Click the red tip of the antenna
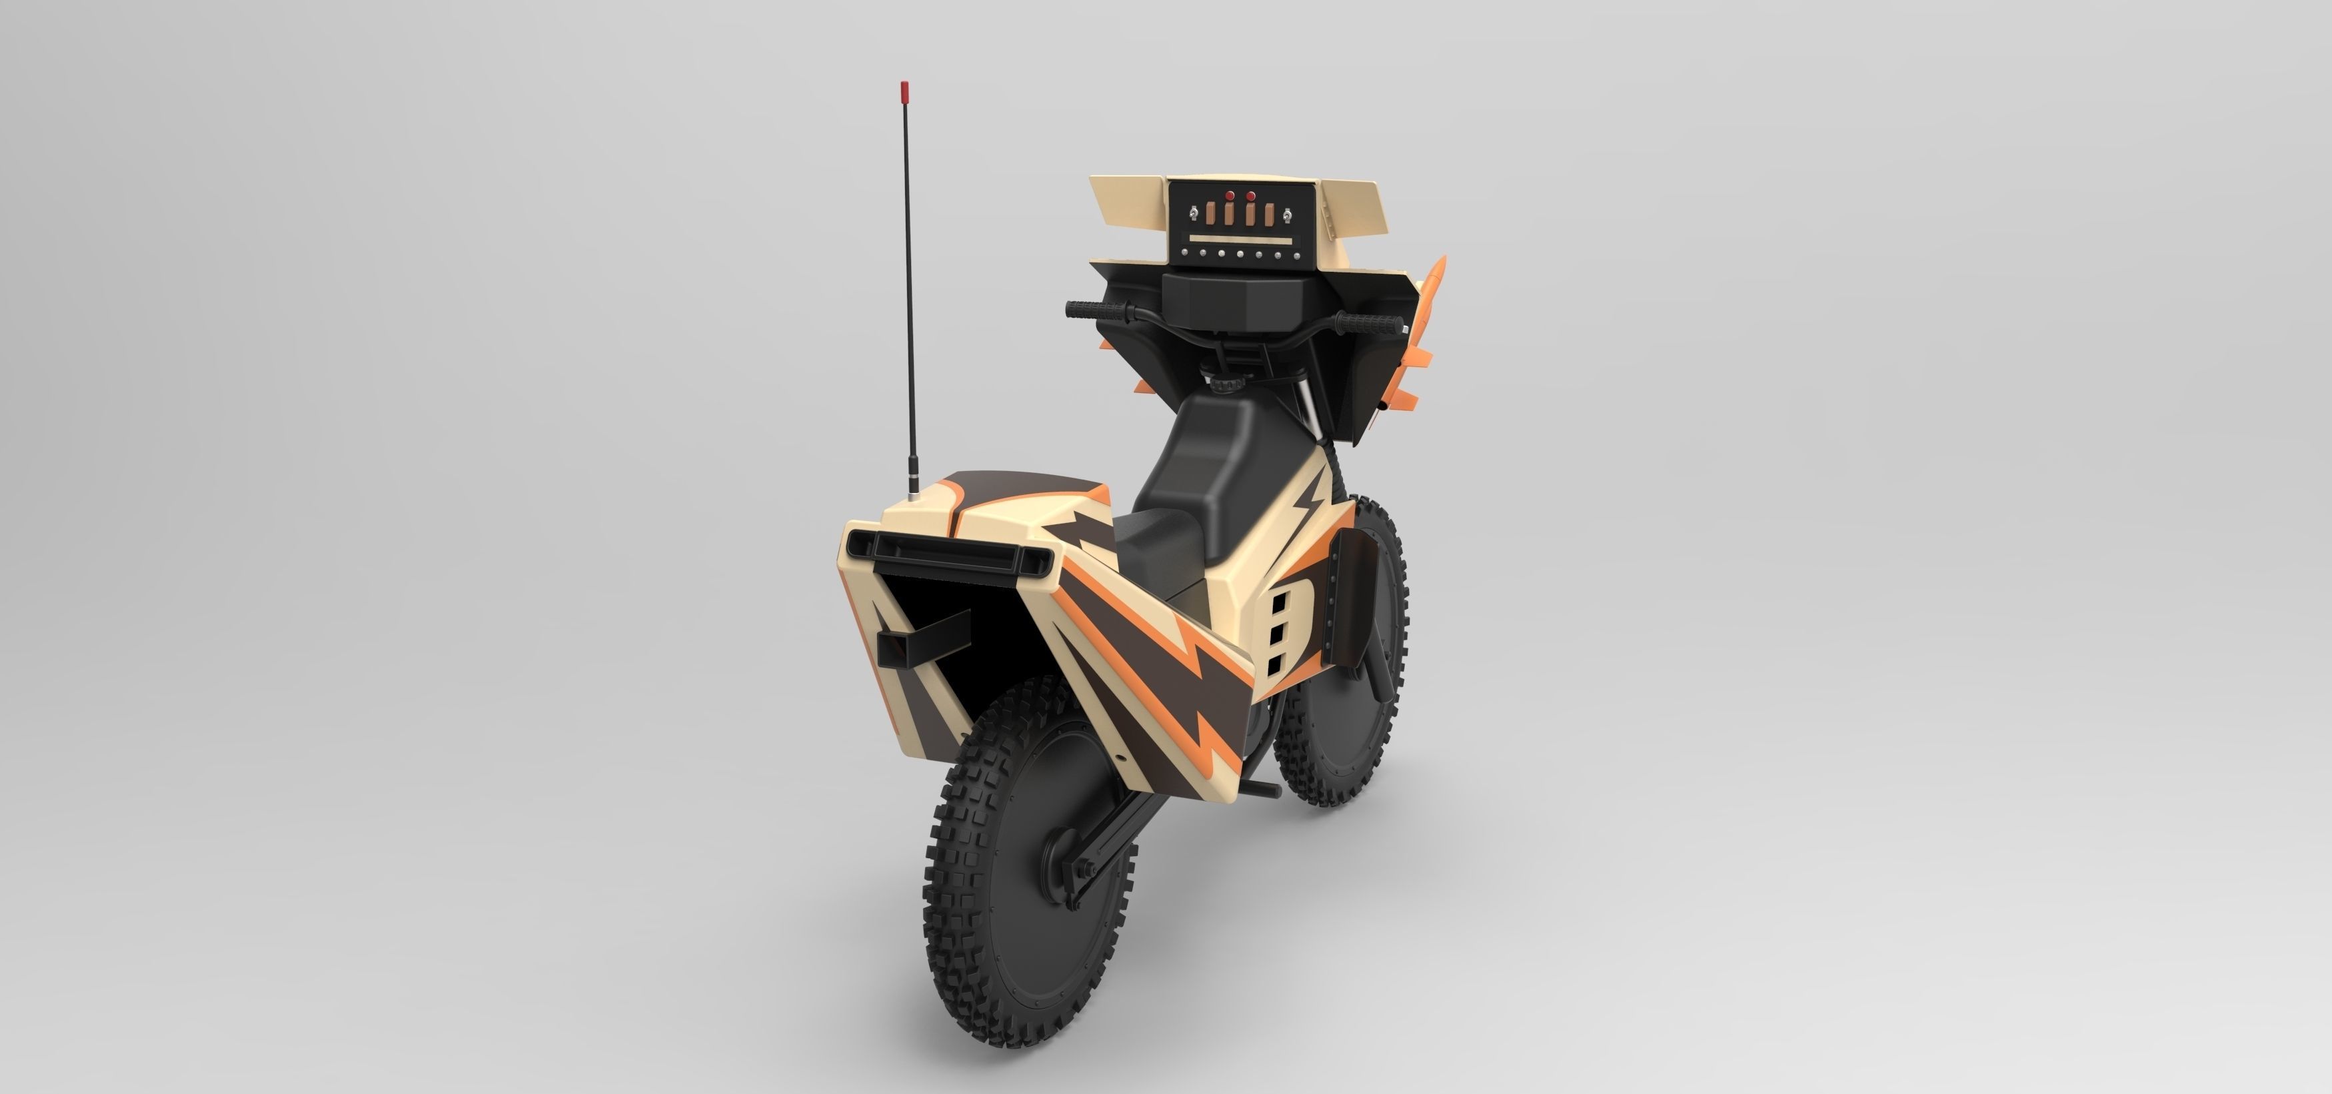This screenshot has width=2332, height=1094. [904, 91]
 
